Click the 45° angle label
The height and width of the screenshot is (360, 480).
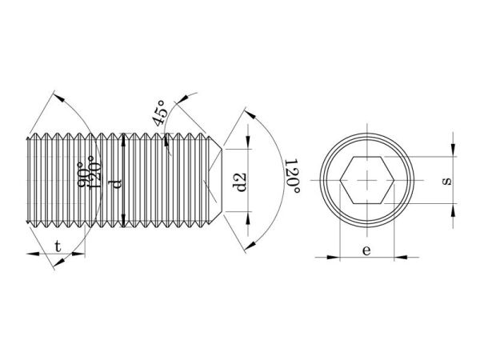point(161,113)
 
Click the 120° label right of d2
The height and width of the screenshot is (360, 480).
point(292,176)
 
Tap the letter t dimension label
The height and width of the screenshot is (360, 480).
point(58,246)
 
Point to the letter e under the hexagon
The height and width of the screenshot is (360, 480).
point(366,250)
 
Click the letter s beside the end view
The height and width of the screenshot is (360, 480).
point(446,182)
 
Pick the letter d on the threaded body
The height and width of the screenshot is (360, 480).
point(116,184)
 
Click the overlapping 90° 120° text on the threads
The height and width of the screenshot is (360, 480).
point(89,172)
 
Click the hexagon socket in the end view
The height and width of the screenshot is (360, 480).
point(366,180)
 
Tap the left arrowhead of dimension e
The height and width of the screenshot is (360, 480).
point(334,257)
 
